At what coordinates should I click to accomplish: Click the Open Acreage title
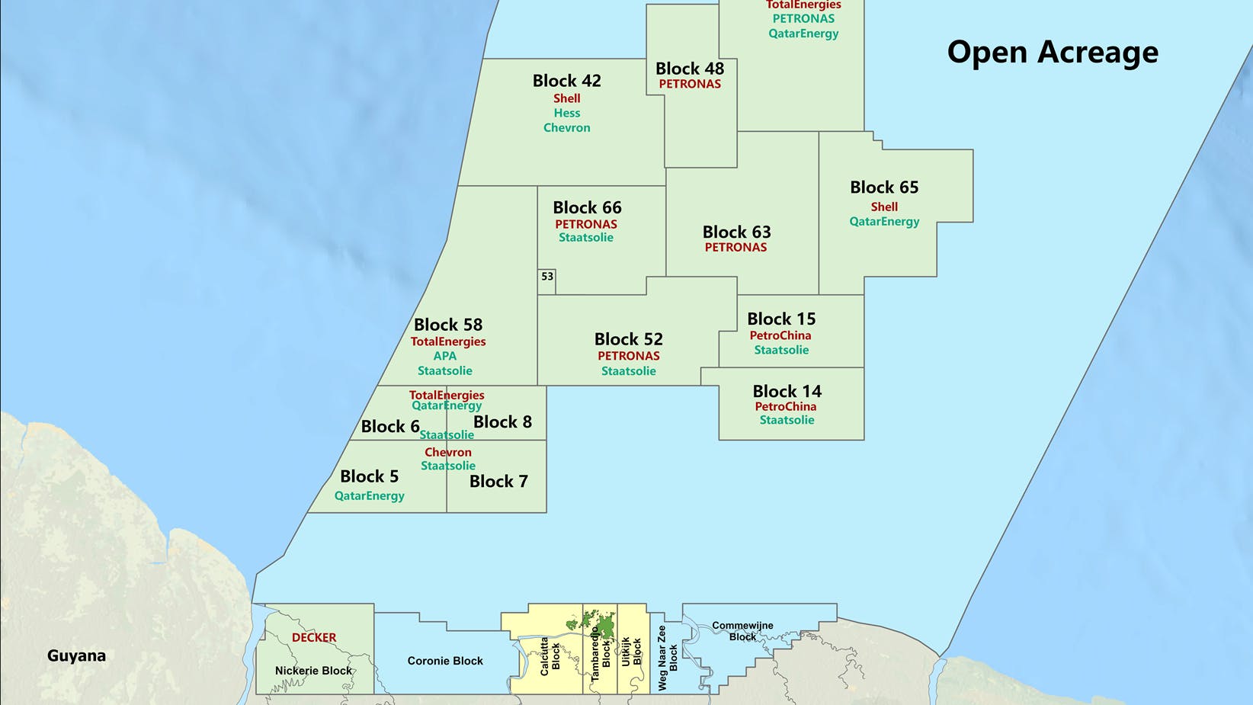click(x=1053, y=52)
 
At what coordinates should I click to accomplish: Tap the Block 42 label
click(x=566, y=81)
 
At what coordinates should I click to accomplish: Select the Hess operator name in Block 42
click(x=566, y=113)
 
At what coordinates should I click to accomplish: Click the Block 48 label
click(x=690, y=69)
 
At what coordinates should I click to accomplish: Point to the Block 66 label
click(x=587, y=207)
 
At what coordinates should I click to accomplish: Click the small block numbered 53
click(x=546, y=277)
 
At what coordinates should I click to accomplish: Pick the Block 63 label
click(x=736, y=232)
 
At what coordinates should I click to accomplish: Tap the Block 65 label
click(x=884, y=187)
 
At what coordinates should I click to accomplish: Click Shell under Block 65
click(x=884, y=207)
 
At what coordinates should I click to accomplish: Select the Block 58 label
click(x=448, y=325)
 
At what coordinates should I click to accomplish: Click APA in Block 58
click(x=444, y=356)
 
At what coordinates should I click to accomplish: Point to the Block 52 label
click(x=628, y=339)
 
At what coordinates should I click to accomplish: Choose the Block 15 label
click(x=781, y=319)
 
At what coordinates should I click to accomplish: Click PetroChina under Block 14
click(x=785, y=406)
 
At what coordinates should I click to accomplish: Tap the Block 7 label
click(x=498, y=481)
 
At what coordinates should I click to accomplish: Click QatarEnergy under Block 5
click(x=369, y=495)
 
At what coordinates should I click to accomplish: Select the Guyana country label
click(x=76, y=655)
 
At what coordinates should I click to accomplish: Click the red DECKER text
click(x=314, y=637)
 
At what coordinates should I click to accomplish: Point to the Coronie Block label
click(x=445, y=661)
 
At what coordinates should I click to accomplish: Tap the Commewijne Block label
click(x=742, y=631)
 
